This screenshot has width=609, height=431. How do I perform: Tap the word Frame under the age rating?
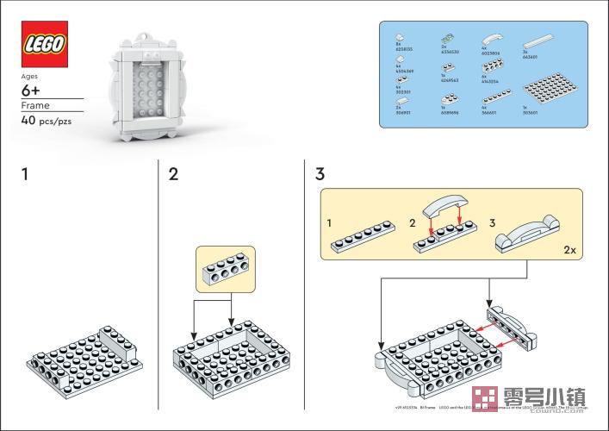point(35,106)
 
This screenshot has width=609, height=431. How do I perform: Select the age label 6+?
point(31,90)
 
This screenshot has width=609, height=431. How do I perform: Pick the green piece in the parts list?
point(448,40)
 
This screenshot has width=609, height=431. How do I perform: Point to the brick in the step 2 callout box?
point(226,269)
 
